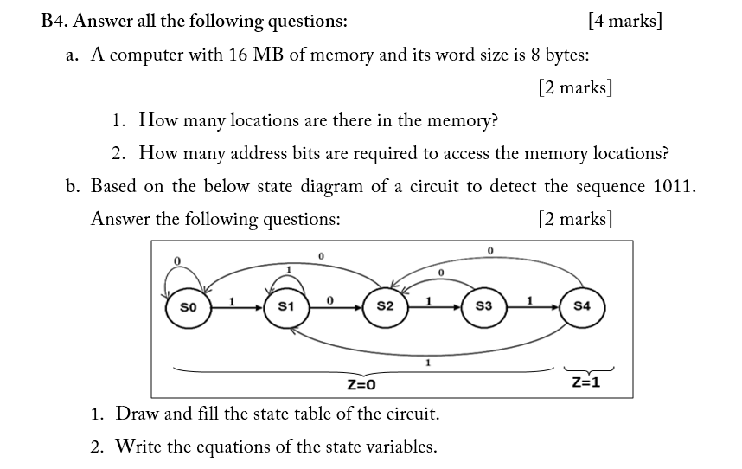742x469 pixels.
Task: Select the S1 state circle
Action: (287, 306)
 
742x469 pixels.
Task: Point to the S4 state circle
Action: (582, 306)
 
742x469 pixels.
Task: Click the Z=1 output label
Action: (585, 381)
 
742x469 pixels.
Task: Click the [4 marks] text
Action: (624, 21)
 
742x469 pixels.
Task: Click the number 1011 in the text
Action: (674, 186)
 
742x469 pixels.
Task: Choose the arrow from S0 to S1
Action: (237, 306)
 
